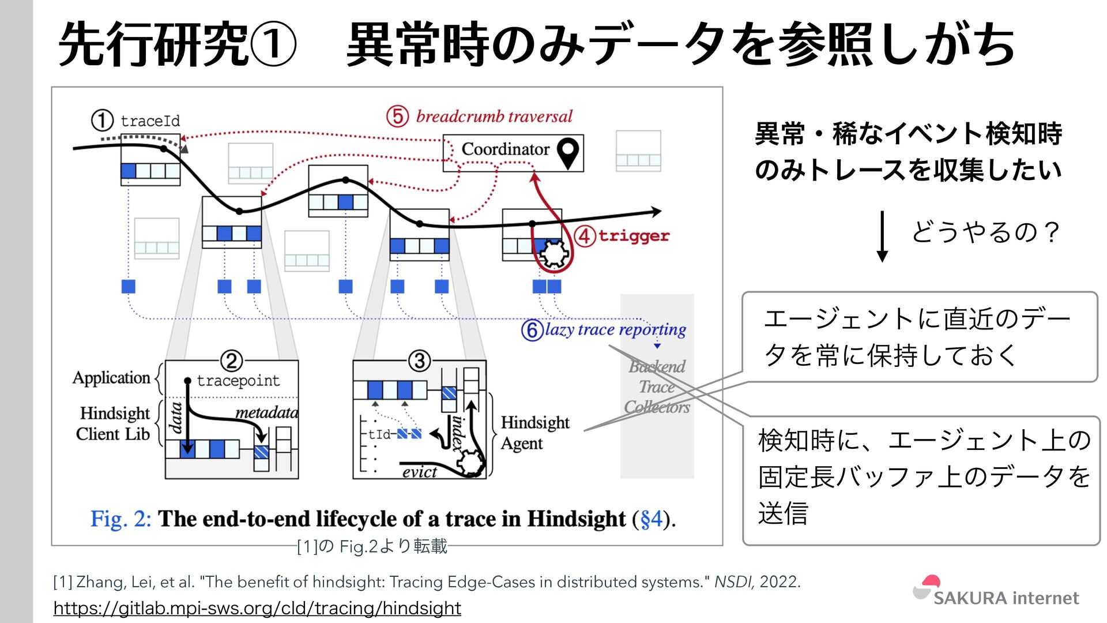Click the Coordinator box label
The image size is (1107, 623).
505,149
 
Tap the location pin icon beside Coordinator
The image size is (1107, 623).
568,152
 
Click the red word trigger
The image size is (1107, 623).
634,235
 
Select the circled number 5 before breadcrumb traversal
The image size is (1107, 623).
397,116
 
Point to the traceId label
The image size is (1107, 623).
150,121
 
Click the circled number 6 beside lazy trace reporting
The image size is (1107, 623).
532,330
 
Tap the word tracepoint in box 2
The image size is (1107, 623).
238,381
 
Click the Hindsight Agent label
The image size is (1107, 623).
534,433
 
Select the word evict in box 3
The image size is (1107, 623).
419,472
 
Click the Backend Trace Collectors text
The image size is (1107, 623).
657,386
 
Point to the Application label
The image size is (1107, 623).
111,378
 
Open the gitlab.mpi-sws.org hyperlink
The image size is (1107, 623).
257,608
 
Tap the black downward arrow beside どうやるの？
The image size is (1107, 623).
882,237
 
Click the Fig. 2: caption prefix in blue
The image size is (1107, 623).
121,519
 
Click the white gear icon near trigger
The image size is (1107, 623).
553,254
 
